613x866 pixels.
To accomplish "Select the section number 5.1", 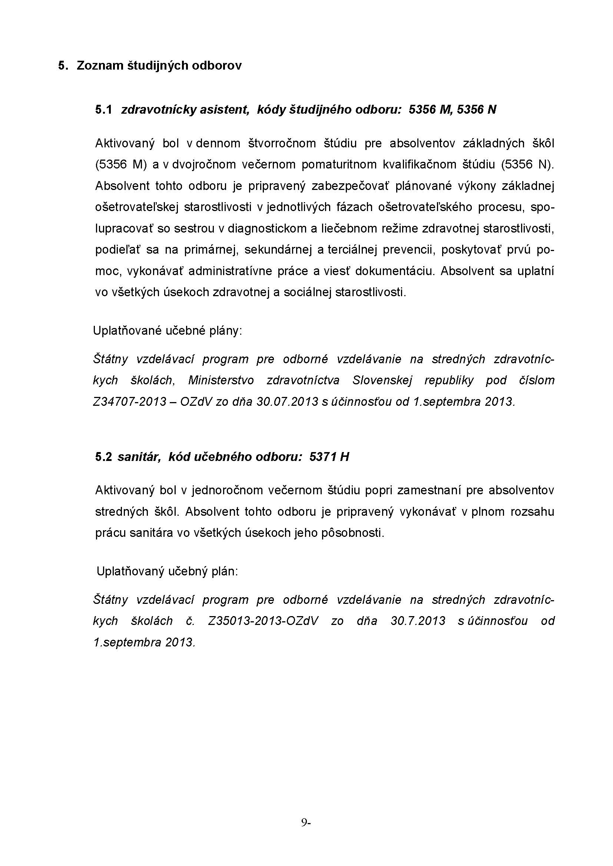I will tap(103, 110).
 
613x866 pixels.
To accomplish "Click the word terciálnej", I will tap(352, 250).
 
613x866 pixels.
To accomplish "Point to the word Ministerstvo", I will tap(221, 380).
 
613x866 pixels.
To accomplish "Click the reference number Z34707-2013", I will tap(129, 402).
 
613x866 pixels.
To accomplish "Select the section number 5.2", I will tap(103, 457).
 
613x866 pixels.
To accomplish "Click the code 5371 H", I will tap(329, 457).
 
